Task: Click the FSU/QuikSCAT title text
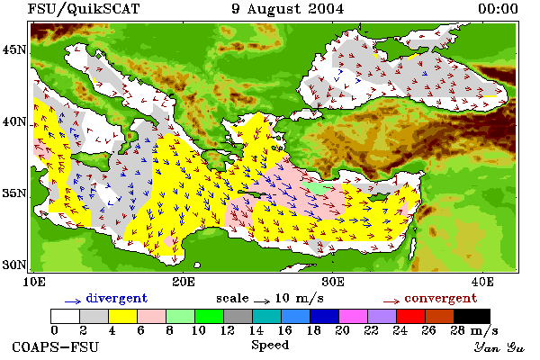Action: pos(84,9)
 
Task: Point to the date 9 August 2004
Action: pos(288,9)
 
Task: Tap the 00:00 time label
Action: pos(498,9)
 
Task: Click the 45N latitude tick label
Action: pos(14,50)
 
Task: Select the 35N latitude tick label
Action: pos(14,193)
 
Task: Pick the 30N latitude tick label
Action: pos(14,265)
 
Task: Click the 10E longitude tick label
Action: pos(34,282)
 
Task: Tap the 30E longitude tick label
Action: pos(333,282)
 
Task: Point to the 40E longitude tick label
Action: pos(482,282)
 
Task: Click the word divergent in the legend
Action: pos(116,298)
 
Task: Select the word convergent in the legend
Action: pos(440,298)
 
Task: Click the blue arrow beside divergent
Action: pos(73,301)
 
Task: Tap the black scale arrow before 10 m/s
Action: pos(262,301)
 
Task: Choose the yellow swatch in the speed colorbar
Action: pos(123,316)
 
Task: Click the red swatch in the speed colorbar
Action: pos(410,316)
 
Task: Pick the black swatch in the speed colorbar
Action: pos(472,316)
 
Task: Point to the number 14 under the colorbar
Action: pos(256,330)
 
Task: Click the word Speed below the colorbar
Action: pos(270,346)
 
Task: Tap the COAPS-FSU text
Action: pos(56,346)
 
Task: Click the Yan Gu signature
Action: pos(499,347)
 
